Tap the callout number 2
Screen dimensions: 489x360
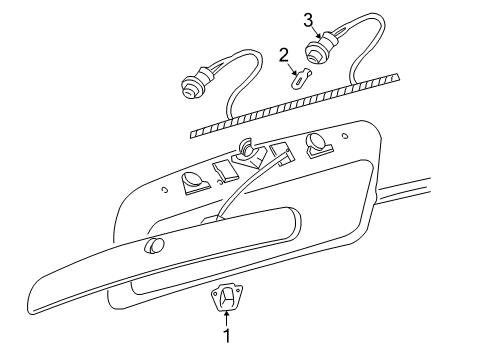284,54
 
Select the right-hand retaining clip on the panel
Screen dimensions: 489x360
317,145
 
